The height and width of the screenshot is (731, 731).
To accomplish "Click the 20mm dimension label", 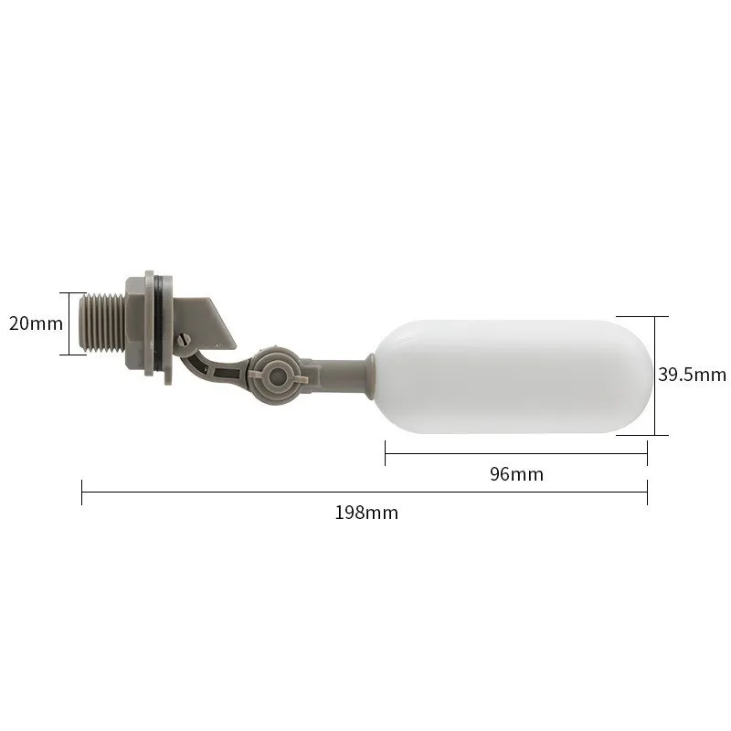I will [36, 323].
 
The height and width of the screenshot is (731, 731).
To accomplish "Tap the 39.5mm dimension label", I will [692, 374].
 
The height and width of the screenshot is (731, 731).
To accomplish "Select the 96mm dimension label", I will [516, 474].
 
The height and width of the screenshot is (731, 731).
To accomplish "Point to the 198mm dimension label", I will [365, 513].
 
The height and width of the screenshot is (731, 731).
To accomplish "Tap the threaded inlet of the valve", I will [105, 324].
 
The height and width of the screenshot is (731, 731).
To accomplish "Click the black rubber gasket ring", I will [162, 324].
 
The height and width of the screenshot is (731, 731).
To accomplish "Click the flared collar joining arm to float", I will [365, 376].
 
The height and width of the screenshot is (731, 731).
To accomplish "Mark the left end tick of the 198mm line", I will [82, 493].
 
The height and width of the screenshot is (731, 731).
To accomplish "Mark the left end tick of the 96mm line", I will [386, 452].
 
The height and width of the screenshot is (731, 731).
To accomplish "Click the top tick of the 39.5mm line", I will [654, 316].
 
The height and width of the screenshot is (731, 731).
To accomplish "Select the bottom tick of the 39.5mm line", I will [654, 435].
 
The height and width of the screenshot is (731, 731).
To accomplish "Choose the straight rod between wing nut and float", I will [329, 373].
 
